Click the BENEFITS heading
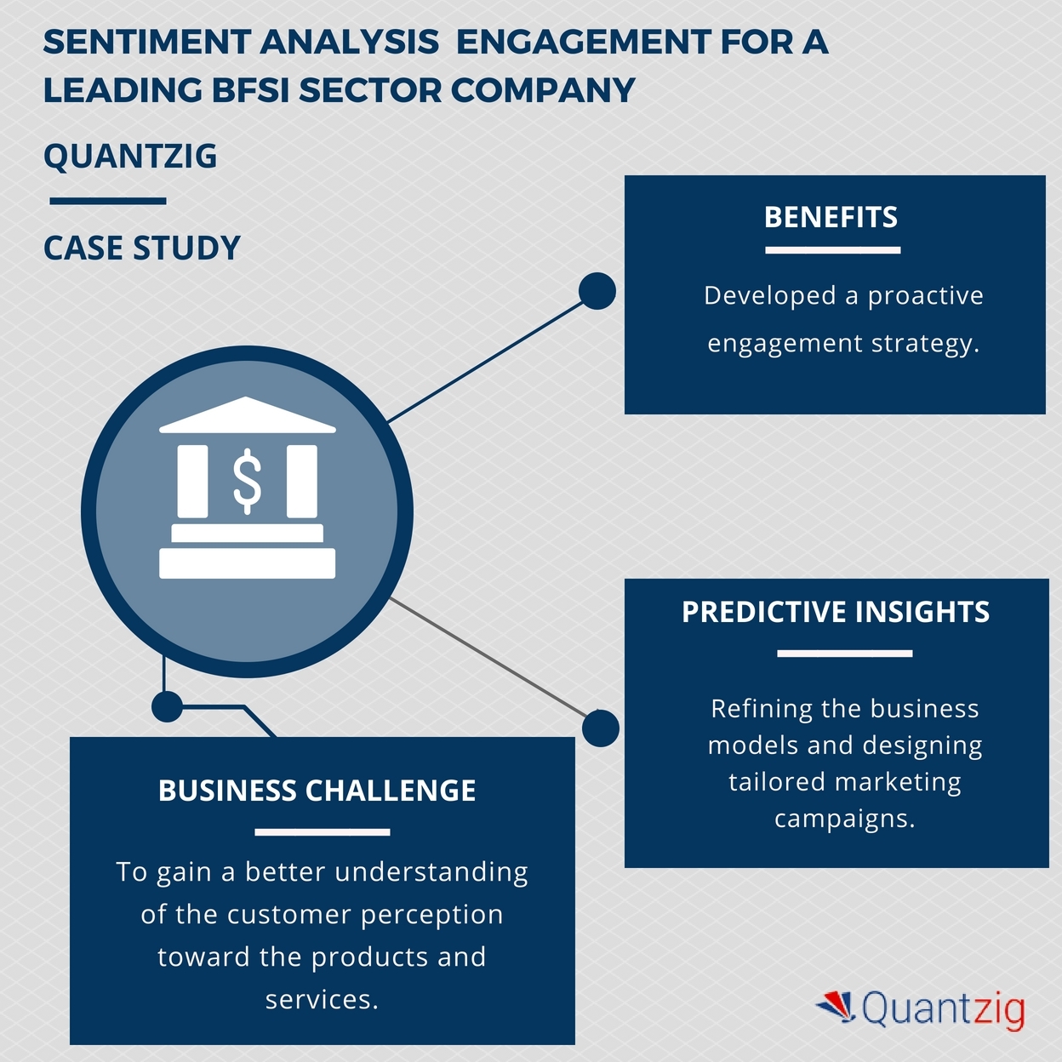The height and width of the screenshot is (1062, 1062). tap(831, 217)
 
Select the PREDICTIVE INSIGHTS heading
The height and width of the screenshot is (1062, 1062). tap(836, 611)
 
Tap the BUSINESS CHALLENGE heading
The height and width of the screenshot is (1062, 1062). tap(317, 790)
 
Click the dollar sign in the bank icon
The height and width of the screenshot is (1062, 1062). tap(247, 481)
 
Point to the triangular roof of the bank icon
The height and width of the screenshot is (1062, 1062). tap(247, 414)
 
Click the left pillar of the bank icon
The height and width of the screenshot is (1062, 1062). tap(192, 481)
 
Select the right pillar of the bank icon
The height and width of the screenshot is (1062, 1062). tap(302, 481)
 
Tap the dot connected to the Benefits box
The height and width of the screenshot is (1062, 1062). tap(597, 290)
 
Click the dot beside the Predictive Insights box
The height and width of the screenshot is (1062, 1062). tap(601, 728)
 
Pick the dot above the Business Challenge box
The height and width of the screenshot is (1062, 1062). tap(167, 706)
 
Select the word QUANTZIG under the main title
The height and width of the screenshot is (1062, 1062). tap(130, 156)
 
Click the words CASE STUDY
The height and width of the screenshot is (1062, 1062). tap(142, 248)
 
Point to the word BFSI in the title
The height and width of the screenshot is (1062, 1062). tap(250, 90)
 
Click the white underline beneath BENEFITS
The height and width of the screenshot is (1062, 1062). tap(833, 250)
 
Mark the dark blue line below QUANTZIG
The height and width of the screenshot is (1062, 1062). tap(108, 201)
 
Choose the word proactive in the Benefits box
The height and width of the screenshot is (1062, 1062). tap(925, 296)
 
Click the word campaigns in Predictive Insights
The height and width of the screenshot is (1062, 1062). tap(844, 819)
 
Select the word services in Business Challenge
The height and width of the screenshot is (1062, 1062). tap(322, 999)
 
